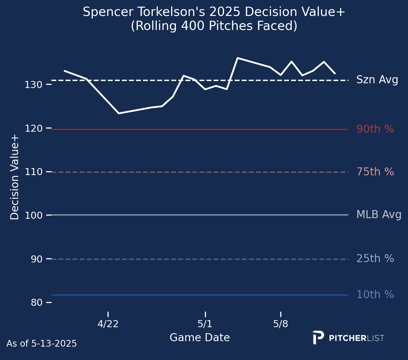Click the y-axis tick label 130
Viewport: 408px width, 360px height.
(x=33, y=85)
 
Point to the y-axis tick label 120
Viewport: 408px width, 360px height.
(x=33, y=128)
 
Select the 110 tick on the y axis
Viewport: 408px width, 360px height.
(x=33, y=172)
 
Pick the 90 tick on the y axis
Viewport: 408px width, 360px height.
(x=36, y=259)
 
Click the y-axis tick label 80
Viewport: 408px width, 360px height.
(x=36, y=302)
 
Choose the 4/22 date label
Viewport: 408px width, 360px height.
(x=108, y=324)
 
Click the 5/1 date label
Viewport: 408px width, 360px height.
(x=205, y=324)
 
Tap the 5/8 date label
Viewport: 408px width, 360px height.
(x=281, y=324)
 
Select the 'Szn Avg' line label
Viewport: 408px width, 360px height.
(x=377, y=80)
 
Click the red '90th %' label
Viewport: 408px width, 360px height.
(x=375, y=129)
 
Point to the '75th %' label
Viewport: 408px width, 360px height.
(x=375, y=172)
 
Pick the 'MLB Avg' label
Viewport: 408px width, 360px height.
(x=379, y=215)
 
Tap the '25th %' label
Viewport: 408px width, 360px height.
(x=375, y=259)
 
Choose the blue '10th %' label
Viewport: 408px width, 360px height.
(x=375, y=295)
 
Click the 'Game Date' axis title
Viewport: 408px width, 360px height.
(x=200, y=338)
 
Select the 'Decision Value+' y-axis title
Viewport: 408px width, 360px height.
(x=15, y=177)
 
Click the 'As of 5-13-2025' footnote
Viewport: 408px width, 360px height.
(x=42, y=344)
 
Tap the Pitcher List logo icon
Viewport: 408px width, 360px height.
(x=318, y=337)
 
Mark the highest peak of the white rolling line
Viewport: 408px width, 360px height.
(x=238, y=58)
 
